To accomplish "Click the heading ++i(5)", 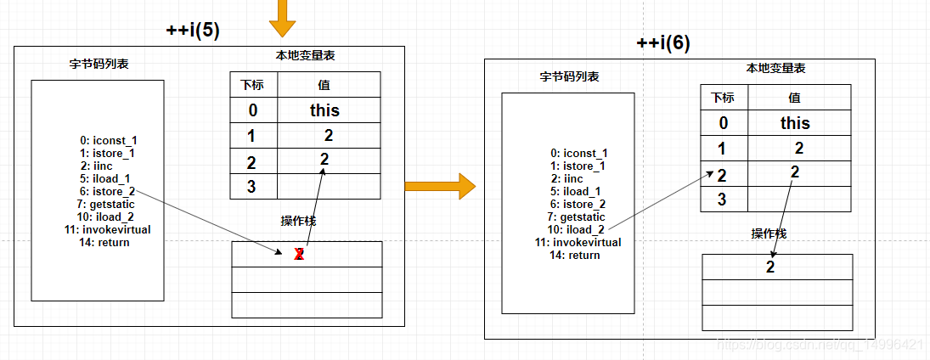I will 193,31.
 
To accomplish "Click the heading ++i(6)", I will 663,44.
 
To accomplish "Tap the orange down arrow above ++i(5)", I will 282,16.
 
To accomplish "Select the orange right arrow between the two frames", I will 439,185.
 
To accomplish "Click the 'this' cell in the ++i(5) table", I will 324,110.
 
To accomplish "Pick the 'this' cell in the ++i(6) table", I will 795,123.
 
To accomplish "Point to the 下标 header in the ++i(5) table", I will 251,85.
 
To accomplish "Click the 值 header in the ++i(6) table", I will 794,98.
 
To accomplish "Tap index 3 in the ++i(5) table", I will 251,187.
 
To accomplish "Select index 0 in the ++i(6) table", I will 723,123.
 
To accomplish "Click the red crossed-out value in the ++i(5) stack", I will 299,255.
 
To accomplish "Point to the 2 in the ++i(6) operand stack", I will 770,267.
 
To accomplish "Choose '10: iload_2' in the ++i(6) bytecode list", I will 576,229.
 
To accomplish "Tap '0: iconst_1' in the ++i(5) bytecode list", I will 107,141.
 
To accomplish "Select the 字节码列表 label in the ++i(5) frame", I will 99,64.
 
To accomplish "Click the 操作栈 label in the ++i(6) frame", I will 769,233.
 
